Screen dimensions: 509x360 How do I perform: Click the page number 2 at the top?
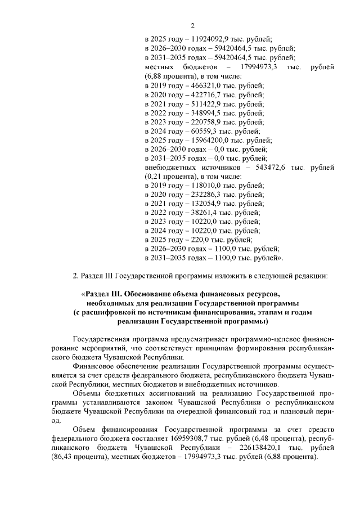point(192,25)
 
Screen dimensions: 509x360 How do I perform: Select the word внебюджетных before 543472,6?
point(170,168)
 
